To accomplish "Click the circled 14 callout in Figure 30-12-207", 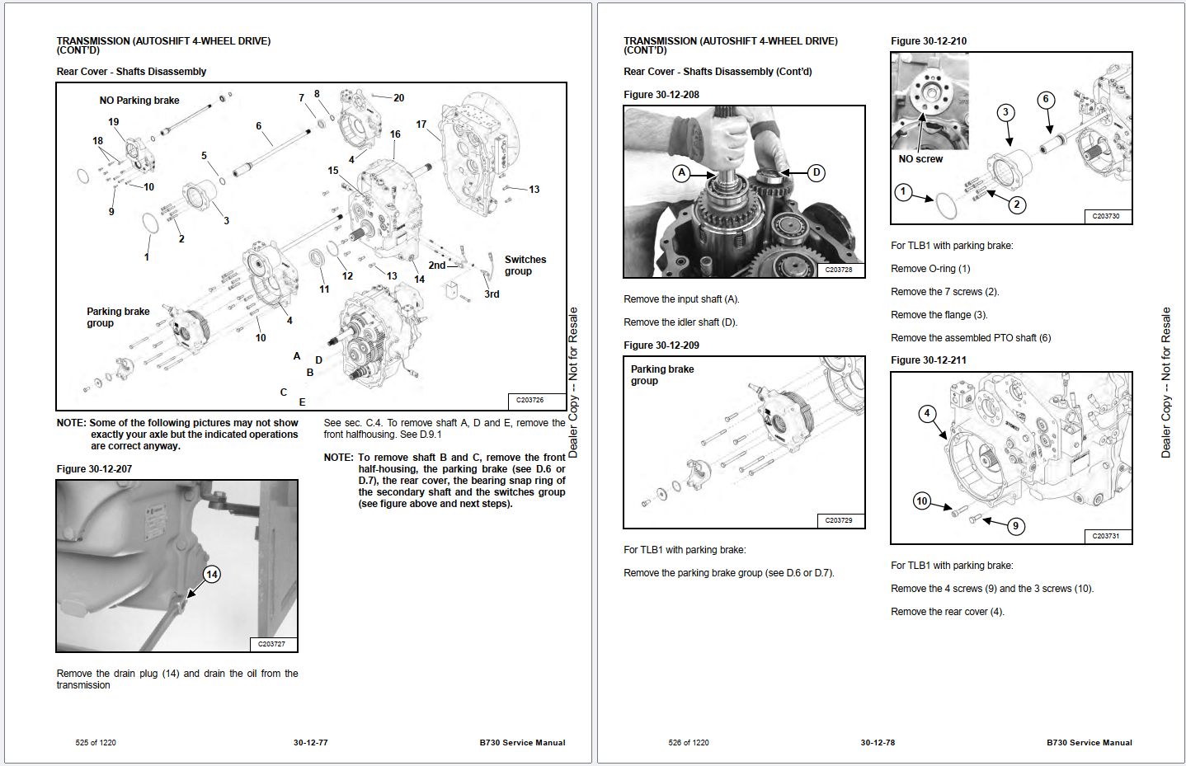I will coord(212,575).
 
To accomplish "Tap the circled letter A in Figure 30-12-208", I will coord(681,173).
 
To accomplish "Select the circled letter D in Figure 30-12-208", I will coord(816,172).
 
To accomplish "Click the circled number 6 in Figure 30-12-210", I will coord(1045,100).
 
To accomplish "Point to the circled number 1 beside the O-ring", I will coord(903,192).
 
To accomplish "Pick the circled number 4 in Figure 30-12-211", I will coord(926,413).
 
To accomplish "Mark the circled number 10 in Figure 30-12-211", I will coord(922,501).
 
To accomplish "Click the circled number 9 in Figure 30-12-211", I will coord(1015,525).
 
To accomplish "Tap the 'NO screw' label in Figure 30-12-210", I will coord(920,159).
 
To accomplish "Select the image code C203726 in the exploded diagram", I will coord(529,400).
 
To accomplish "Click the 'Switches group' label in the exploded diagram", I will coord(525,265).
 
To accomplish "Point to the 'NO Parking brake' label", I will coord(139,101).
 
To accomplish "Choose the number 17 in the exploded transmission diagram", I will coord(421,125).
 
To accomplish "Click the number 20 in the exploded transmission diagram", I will coord(398,97).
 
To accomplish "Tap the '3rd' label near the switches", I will coord(492,294).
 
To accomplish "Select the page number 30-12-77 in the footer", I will coord(310,743).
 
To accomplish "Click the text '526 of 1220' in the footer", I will coord(688,743).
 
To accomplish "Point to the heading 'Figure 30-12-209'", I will coord(661,345).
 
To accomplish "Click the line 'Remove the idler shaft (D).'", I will coord(680,322).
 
